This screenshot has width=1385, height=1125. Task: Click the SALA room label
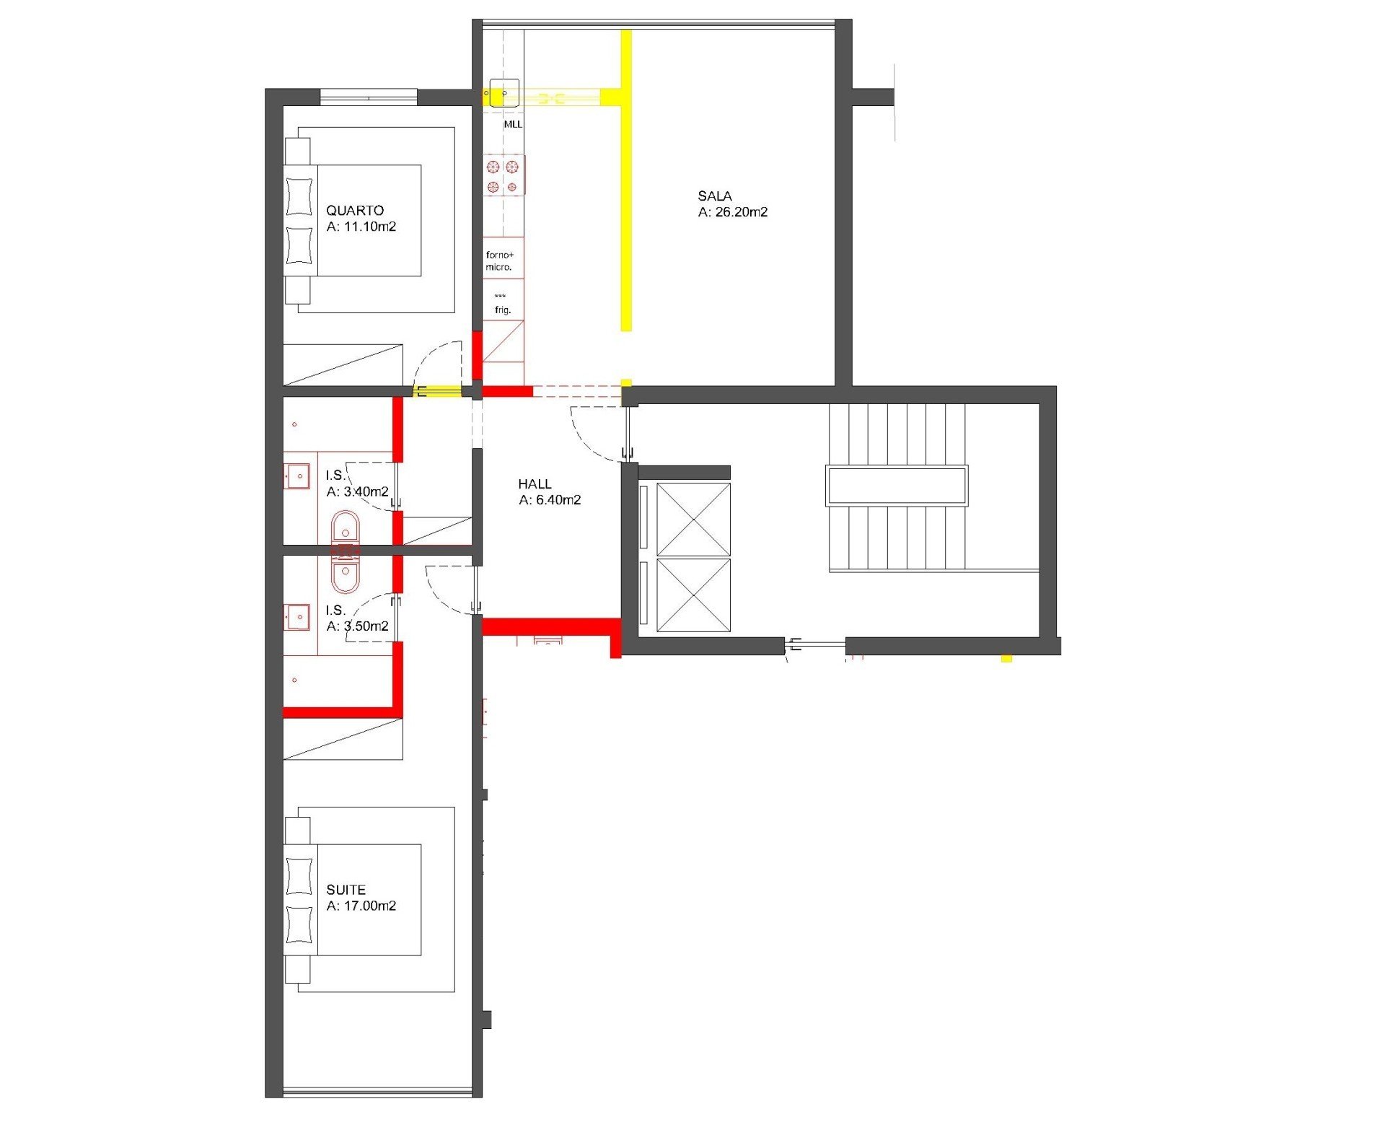point(714,196)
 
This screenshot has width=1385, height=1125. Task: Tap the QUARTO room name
point(354,211)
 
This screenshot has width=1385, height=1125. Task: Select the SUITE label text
point(346,890)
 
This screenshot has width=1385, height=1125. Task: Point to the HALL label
point(535,484)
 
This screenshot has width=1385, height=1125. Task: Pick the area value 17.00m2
point(370,906)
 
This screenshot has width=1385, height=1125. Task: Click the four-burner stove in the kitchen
point(503,176)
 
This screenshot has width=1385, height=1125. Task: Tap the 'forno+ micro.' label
point(499,261)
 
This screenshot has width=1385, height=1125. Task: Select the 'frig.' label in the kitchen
point(503,310)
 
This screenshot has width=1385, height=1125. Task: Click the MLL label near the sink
point(513,124)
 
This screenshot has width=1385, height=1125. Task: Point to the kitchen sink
point(504,93)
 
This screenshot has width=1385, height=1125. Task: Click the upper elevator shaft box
point(693,520)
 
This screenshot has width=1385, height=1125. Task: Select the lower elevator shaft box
point(693,595)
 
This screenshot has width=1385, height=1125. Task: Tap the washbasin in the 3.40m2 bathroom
point(296,476)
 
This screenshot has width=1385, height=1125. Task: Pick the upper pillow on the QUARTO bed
point(299,196)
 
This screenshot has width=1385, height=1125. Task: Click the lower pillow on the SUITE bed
point(299,924)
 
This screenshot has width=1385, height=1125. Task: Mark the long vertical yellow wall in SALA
point(626,180)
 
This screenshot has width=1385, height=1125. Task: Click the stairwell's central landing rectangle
point(897,486)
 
